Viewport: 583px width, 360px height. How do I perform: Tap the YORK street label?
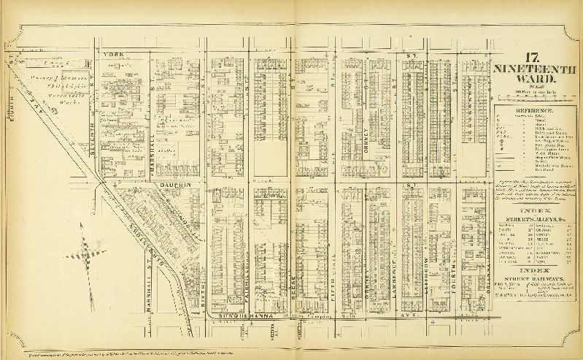[x=114, y=53]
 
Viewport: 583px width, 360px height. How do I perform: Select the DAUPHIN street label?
[x=171, y=186]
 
